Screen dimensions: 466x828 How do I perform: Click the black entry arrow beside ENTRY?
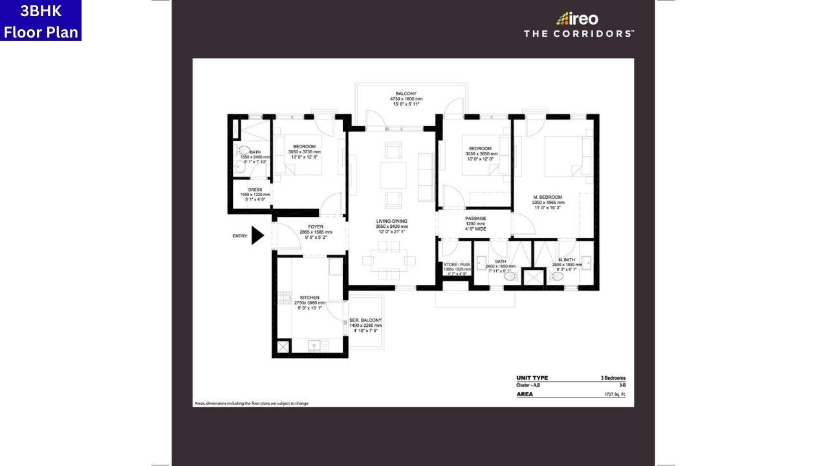[257, 236]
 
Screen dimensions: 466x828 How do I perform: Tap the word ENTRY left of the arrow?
[240, 236]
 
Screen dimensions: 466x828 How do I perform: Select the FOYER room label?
[316, 227]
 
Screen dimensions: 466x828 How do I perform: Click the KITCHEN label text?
[310, 298]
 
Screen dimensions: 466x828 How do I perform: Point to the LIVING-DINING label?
[392, 221]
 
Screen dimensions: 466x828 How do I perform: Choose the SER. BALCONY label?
[365, 320]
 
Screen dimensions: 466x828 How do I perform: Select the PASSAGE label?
[475, 219]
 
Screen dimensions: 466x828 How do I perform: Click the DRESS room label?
[254, 190]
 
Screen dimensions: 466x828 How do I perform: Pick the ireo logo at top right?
[578, 19]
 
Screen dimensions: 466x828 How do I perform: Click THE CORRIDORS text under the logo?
[578, 34]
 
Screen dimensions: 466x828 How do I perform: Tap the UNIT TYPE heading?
[532, 378]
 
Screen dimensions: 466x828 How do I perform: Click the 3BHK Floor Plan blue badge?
[41, 21]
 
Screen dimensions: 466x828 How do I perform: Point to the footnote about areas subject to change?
[252, 403]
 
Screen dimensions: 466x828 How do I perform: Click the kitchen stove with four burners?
[283, 298]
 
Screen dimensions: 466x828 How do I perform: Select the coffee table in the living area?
[393, 175]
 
